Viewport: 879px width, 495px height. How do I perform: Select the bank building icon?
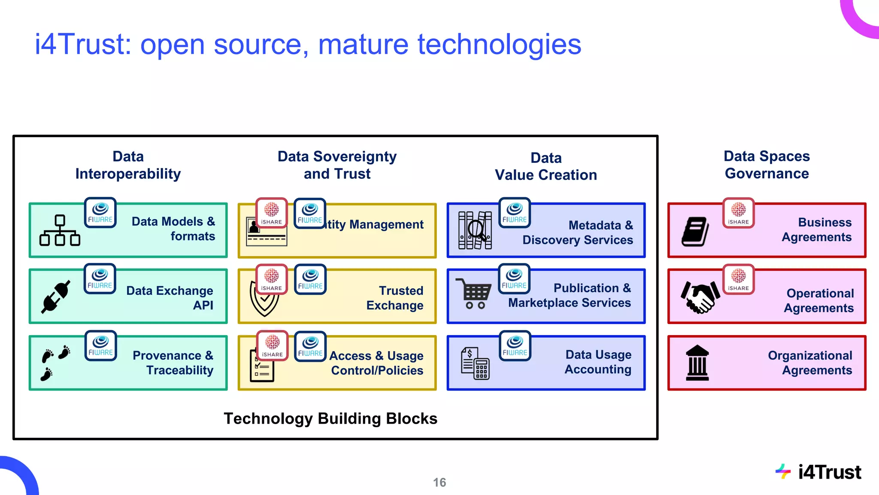tap(697, 363)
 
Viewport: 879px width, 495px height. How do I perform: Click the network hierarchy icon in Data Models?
tap(60, 231)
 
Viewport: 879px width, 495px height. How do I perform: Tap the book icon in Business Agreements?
tap(695, 231)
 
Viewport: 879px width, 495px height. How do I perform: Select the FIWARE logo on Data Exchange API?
tap(100, 279)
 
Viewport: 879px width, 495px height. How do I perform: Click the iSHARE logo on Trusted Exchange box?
tap(272, 279)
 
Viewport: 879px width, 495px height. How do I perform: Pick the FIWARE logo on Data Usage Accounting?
tap(515, 346)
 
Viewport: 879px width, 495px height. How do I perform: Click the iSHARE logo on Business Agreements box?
tap(738, 213)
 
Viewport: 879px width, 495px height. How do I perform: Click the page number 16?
tap(439, 483)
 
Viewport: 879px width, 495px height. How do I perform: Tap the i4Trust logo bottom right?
tap(818, 472)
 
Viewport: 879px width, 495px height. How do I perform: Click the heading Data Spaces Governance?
tap(767, 165)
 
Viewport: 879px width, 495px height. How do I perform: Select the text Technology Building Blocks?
tap(330, 419)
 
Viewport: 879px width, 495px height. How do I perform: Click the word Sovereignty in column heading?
tap(355, 157)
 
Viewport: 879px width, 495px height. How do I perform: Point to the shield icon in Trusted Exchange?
tap(262, 301)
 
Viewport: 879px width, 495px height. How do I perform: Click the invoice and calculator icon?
tap(475, 364)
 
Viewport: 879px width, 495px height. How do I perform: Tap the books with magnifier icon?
tap(475, 230)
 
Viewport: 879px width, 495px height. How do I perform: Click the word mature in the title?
tap(363, 44)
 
